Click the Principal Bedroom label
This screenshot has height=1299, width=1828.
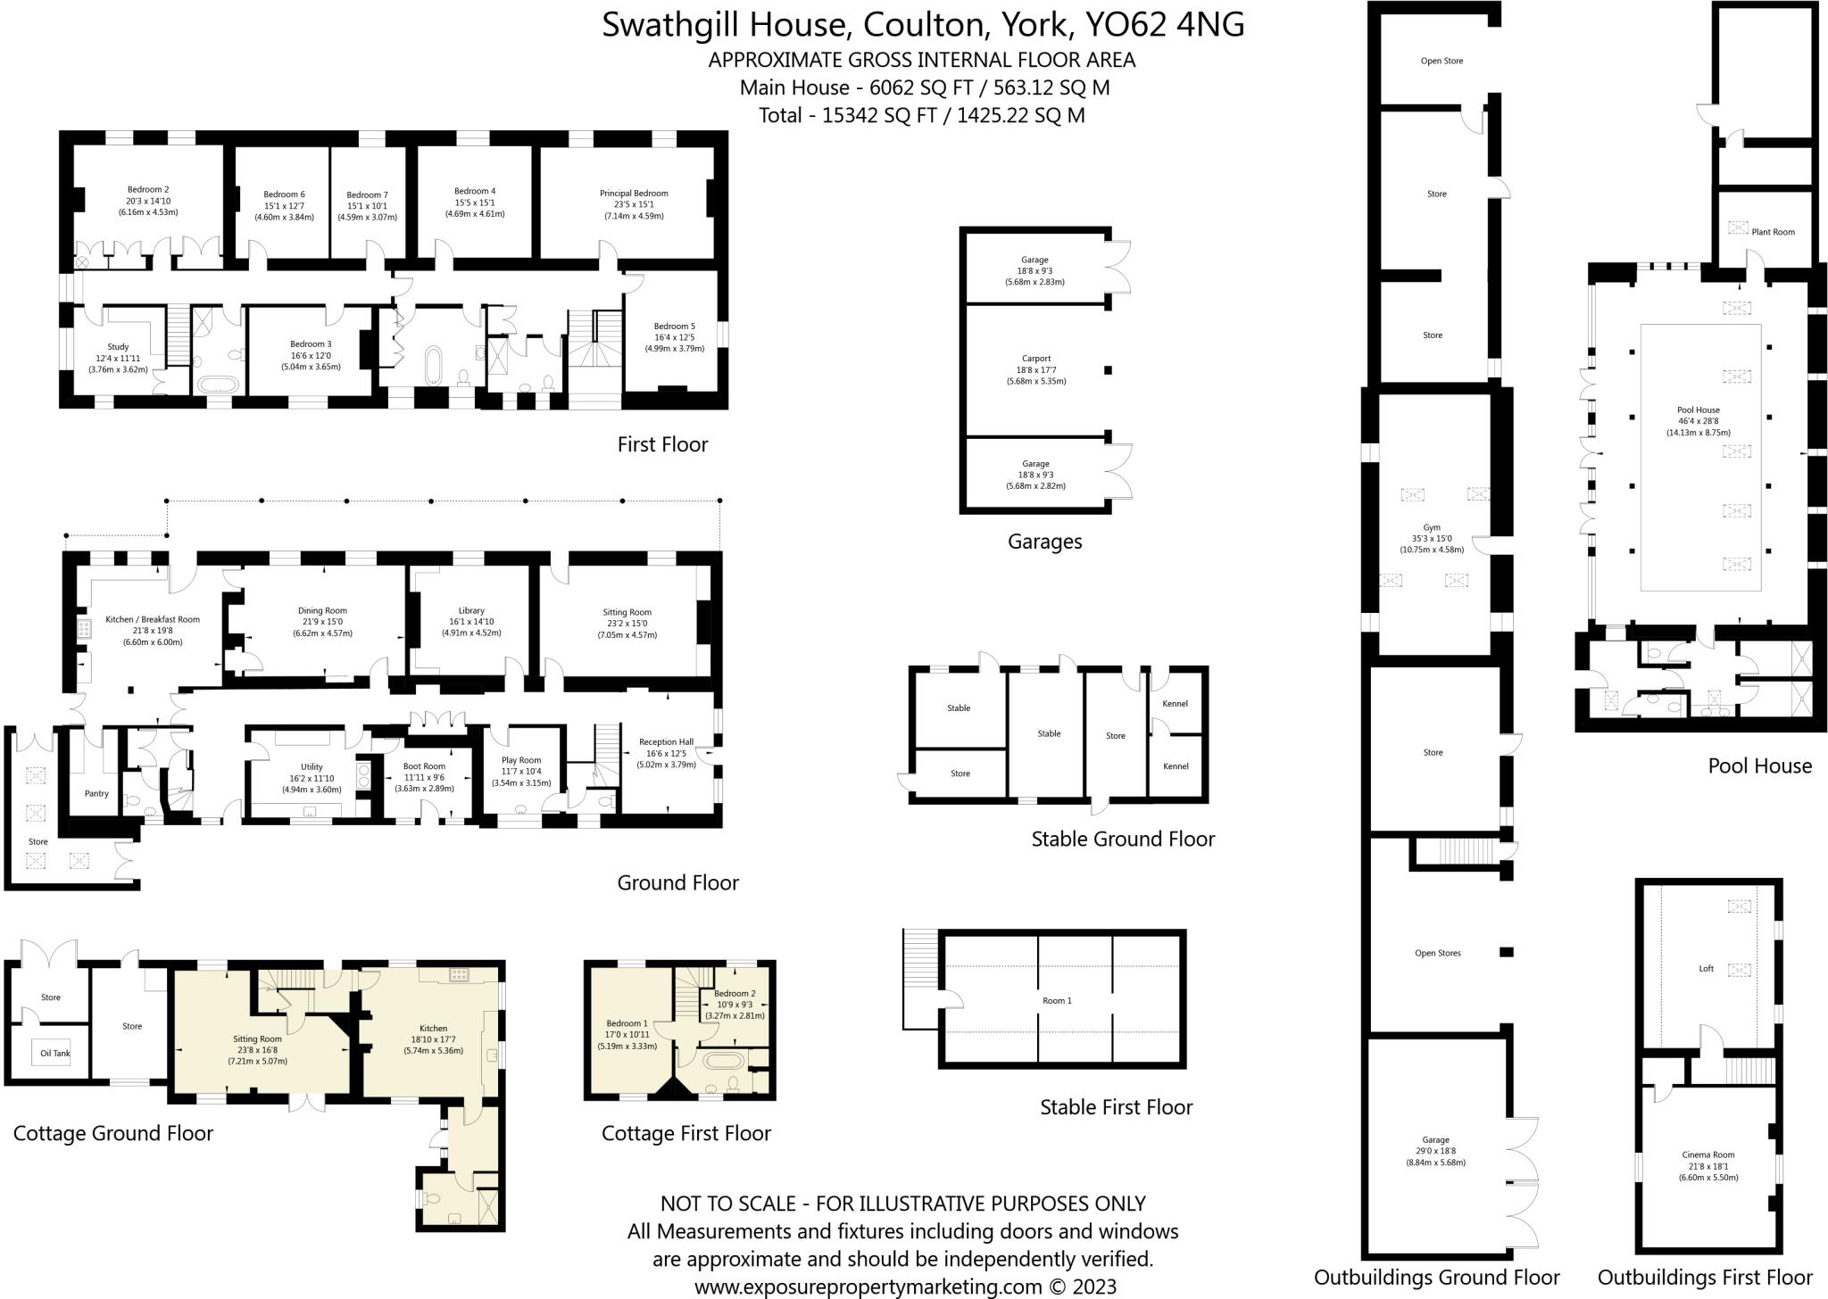[x=634, y=194]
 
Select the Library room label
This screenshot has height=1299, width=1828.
[x=471, y=611]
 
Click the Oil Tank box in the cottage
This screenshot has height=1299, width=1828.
[x=55, y=1053]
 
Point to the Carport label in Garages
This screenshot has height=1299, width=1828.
[x=1036, y=359]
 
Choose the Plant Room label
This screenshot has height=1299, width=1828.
[x=1773, y=232]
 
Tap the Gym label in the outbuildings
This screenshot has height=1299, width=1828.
[x=1432, y=527]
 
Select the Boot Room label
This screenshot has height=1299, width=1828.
[x=424, y=766]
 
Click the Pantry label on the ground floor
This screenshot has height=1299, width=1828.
[x=96, y=793]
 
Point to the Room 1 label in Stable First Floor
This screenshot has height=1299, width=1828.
[x=1057, y=1000]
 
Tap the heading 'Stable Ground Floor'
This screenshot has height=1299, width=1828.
[x=1122, y=839]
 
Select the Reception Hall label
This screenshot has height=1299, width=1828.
[x=666, y=741]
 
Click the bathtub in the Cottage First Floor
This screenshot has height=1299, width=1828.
[x=719, y=1062]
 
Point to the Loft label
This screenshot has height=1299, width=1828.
[x=1706, y=968]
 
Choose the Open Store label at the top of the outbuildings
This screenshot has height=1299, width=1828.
[x=1442, y=62]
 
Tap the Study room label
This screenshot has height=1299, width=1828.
[x=118, y=347]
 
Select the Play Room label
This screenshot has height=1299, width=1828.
[x=521, y=760]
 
